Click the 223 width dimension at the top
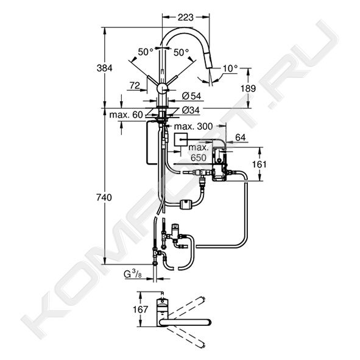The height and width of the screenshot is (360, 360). pos(186,18)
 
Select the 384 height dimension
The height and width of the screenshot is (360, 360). pos(104,68)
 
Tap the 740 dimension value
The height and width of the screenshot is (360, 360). pos(104,197)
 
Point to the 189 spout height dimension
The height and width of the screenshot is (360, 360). pos(248,88)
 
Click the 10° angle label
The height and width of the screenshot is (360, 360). pos(230,68)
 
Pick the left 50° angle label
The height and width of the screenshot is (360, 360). pos(146,52)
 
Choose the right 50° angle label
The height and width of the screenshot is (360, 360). pos(181,52)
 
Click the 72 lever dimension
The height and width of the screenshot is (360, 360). pos(135,85)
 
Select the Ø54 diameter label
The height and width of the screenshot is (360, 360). pos(191,96)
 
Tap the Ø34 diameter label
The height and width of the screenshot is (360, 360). pos(191,110)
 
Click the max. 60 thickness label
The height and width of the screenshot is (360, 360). pos(126,115)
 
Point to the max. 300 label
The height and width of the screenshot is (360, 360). pos(194,126)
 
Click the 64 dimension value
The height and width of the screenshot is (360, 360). pos(241,137)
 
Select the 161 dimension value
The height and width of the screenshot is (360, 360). pos(259,164)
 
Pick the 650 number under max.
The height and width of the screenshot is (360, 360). pos(199,158)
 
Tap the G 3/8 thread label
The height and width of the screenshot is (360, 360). pos(133,275)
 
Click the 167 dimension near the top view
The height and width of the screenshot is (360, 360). pos(141,309)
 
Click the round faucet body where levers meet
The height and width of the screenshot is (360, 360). pos(163,88)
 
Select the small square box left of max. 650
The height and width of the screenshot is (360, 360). pos(181,139)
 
